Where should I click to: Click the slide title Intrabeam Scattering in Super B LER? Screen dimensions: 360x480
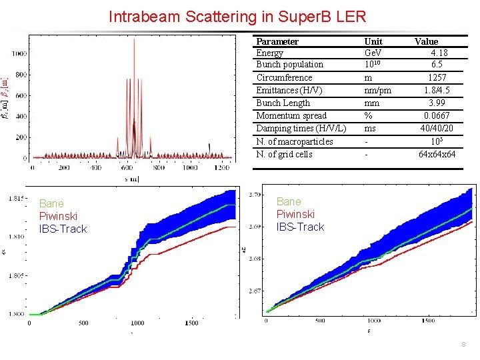(x=237, y=15)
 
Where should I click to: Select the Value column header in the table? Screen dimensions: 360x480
(x=426, y=41)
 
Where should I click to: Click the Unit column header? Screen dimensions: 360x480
(x=373, y=41)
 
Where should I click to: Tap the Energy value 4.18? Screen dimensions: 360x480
(x=439, y=53)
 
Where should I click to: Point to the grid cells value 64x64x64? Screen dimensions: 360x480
(x=437, y=154)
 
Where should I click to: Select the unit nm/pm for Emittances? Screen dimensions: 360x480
(x=377, y=90)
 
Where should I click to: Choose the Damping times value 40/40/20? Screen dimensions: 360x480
(x=437, y=129)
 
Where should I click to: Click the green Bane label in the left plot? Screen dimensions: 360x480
(x=51, y=203)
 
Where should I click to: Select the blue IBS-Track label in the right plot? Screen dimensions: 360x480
(x=300, y=227)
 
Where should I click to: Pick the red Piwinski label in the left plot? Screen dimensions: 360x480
(x=58, y=216)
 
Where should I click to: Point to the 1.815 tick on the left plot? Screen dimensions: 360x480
(x=16, y=198)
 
